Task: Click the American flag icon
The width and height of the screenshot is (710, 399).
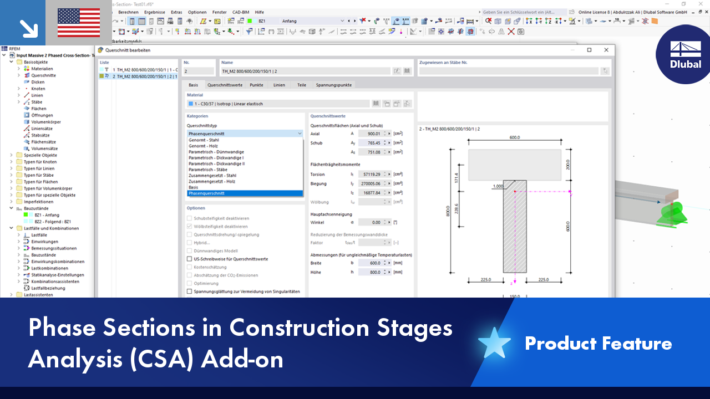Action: click(79, 23)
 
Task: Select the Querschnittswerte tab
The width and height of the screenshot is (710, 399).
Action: click(225, 85)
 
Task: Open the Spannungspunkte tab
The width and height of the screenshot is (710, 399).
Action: click(334, 85)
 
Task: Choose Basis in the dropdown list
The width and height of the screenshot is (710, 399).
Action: click(193, 187)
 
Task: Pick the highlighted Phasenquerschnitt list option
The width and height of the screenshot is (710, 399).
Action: click(206, 193)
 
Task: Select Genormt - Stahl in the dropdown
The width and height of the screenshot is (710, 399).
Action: click(204, 140)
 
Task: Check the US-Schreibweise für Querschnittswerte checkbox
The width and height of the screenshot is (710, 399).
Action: click(190, 259)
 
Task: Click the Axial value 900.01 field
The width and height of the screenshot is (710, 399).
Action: click(370, 134)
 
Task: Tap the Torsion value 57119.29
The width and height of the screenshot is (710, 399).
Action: click(370, 175)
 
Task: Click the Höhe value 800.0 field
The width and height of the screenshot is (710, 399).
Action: click(370, 272)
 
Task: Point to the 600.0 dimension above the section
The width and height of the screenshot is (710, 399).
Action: click(515, 138)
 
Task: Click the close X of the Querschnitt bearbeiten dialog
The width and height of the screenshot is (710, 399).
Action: click(606, 50)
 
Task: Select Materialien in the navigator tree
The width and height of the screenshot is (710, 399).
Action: click(42, 69)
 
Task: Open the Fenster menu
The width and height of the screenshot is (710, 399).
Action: click(219, 12)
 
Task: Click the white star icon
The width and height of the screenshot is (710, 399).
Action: click(494, 344)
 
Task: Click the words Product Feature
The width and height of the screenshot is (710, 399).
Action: click(598, 344)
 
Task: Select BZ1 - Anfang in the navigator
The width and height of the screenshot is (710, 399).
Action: click(47, 215)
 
